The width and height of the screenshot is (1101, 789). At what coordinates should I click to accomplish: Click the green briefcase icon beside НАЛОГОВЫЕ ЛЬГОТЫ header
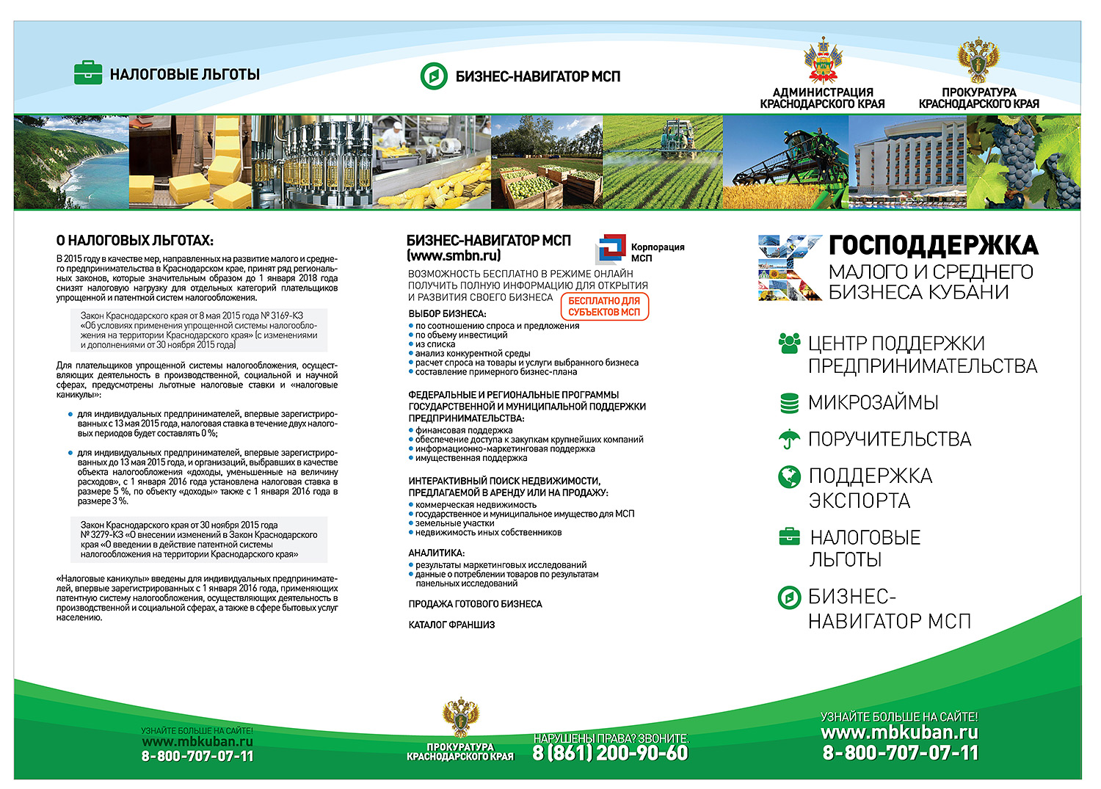(88, 73)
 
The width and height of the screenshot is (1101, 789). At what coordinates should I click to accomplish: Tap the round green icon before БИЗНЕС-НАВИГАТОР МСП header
(433, 76)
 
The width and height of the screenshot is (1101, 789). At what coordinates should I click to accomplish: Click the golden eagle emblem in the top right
(978, 62)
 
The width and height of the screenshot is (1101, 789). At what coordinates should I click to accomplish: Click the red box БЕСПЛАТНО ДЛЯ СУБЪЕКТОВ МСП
(604, 307)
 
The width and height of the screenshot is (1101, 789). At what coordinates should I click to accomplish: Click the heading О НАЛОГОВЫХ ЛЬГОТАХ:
(134, 241)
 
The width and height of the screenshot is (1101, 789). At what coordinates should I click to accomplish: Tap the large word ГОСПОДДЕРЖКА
(933, 245)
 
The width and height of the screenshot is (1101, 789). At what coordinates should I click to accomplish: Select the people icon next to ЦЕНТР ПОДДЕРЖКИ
(789, 343)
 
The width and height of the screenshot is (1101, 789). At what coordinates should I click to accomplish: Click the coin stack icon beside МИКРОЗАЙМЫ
(789, 402)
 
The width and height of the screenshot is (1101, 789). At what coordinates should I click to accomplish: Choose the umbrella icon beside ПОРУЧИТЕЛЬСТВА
(789, 439)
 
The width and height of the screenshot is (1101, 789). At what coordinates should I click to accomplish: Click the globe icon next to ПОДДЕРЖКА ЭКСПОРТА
(789, 476)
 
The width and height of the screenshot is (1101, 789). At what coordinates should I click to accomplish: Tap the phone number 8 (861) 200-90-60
(611, 753)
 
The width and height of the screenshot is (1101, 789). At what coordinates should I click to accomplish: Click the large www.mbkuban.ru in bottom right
(899, 732)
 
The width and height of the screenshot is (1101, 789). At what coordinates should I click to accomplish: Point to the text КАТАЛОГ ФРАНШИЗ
(451, 625)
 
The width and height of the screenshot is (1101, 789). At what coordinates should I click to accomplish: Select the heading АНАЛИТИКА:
(436, 553)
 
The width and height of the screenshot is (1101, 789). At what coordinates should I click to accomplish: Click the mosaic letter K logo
(790, 268)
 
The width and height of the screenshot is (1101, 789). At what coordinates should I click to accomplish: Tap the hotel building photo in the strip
(907, 161)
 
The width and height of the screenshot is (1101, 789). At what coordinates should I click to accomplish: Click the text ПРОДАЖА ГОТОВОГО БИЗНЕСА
(475, 604)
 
